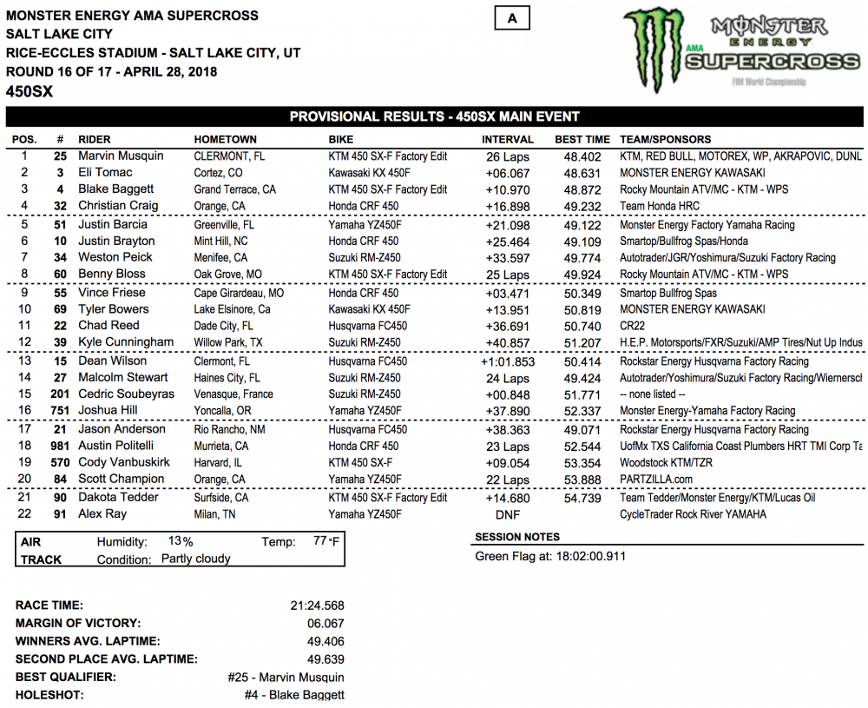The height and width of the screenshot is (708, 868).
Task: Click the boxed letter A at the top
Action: (x=512, y=18)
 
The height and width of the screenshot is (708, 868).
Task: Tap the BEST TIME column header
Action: (x=582, y=139)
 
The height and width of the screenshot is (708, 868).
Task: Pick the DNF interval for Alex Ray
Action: (x=508, y=514)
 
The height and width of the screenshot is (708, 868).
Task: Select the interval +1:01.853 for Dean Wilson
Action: (x=508, y=361)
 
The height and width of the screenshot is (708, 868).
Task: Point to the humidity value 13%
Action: (x=181, y=542)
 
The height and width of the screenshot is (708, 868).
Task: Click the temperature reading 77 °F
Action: (x=325, y=542)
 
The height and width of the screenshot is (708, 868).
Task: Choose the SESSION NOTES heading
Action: (x=517, y=537)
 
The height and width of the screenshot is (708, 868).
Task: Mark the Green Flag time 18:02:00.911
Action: (x=582, y=556)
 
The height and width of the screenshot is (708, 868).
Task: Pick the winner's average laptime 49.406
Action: (x=325, y=641)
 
